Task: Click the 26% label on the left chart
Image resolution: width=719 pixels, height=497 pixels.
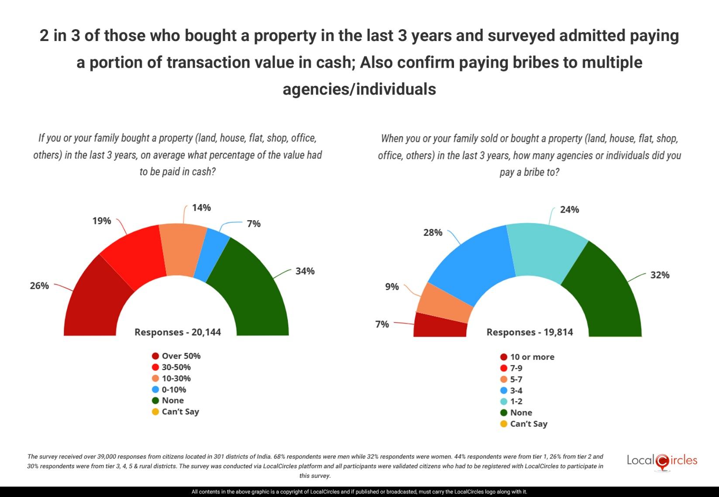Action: click(x=39, y=286)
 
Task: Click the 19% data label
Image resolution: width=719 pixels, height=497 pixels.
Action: click(x=101, y=221)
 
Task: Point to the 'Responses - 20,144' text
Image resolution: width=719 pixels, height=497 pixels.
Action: click(x=178, y=332)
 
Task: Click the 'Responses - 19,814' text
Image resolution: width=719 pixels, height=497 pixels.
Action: click(x=530, y=332)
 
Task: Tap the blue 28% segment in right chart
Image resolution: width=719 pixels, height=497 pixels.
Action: click(x=474, y=266)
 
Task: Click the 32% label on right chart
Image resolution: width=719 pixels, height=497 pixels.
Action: click(x=660, y=275)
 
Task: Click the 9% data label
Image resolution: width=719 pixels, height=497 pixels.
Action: click(x=392, y=287)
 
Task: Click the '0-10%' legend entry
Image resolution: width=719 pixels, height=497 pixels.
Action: click(x=174, y=390)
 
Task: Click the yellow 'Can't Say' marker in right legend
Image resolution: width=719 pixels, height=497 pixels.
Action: click(x=503, y=424)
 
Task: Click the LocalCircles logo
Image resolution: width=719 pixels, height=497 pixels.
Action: click(x=662, y=461)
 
